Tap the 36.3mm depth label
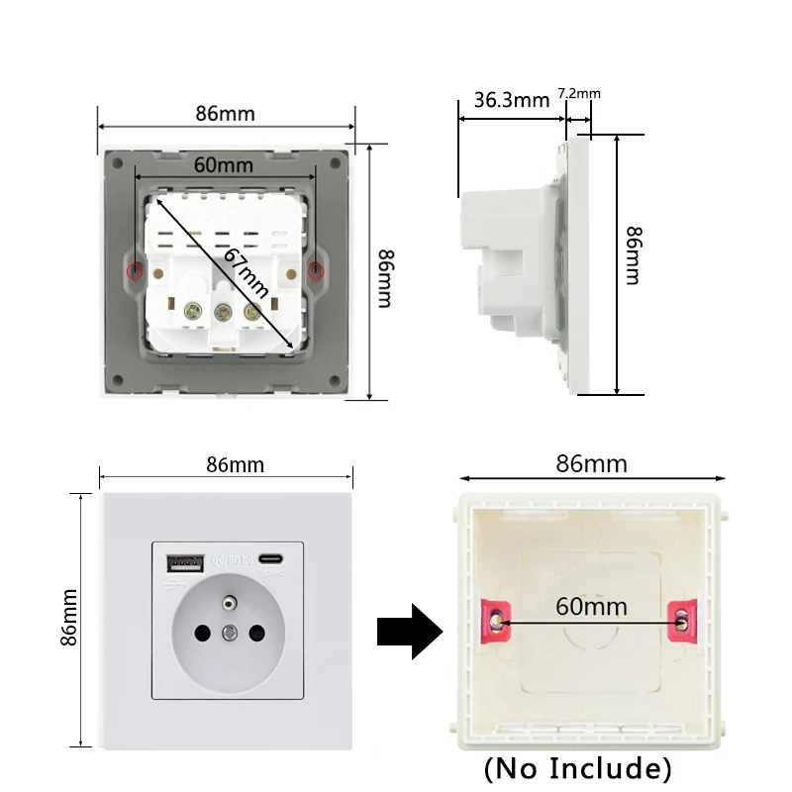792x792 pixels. coord(511,99)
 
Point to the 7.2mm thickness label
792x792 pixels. coord(579,93)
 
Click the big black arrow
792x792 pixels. coord(410,631)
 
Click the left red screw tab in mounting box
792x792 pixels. coord(495,620)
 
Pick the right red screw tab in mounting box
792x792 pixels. coord(682,620)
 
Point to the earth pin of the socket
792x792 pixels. coord(230,601)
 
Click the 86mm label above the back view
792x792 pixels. coord(225,113)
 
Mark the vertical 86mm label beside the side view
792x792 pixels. coord(634,254)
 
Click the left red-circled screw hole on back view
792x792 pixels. coord(136,271)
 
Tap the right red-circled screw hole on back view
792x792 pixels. coord(315,271)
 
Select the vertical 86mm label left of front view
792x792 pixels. coord(69,618)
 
